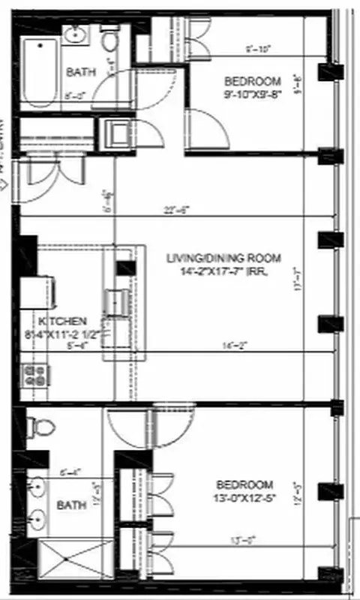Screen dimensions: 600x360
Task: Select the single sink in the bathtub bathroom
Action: pyautogui.click(x=76, y=34)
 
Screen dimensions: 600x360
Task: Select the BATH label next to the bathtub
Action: pyautogui.click(x=80, y=73)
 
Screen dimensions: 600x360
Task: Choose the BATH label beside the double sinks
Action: pyautogui.click(x=71, y=505)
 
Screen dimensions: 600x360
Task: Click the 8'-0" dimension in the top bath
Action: pyautogui.click(x=74, y=96)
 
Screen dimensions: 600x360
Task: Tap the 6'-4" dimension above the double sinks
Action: pyautogui.click(x=69, y=472)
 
